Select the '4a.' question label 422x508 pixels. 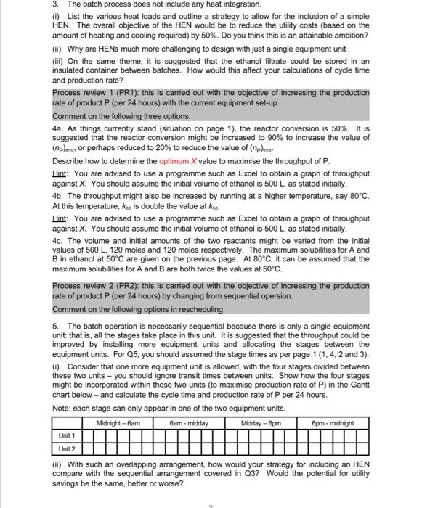point(57,126)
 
